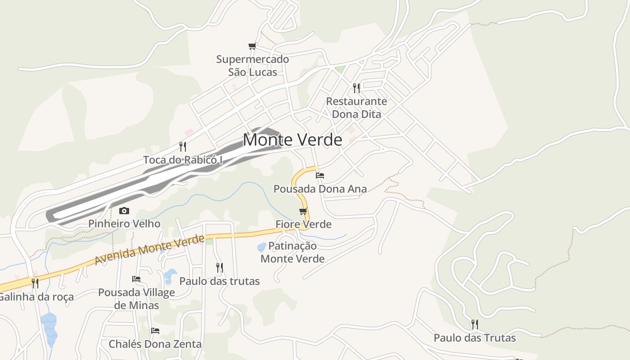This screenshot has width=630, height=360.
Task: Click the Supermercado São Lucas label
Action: pos(252,65)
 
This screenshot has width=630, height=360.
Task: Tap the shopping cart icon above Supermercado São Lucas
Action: pos(252,46)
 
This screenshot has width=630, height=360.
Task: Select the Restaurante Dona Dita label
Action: pos(356,108)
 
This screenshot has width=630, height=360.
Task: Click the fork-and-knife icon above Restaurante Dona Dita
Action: pos(356,88)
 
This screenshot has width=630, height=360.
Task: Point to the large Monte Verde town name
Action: pos(292,140)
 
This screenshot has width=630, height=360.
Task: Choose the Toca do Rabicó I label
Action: pos(183,160)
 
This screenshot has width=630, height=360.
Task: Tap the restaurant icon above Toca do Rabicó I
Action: pos(183,146)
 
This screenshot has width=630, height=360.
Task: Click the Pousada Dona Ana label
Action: pos(320,189)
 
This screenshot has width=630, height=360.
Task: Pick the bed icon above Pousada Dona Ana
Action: pos(320,175)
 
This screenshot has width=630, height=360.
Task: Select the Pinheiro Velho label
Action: pos(124,224)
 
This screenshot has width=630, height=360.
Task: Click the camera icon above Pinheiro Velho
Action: pos(124,211)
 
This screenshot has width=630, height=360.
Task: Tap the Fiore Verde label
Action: pos(303,224)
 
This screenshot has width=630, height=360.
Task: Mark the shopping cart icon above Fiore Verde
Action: pos(303,211)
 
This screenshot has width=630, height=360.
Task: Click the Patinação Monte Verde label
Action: pos(292,252)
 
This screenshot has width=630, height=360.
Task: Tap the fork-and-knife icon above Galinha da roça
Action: pos(35,283)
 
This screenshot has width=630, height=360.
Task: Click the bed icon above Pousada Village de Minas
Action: pos(136,279)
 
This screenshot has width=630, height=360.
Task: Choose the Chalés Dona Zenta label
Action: pos(155,344)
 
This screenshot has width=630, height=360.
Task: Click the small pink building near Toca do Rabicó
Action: pos(189,132)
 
